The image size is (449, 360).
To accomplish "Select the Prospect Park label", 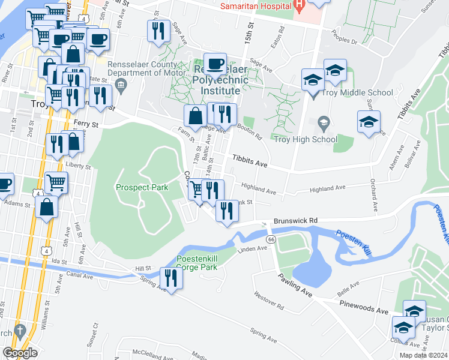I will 142,187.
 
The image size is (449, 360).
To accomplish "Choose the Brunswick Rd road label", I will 295,221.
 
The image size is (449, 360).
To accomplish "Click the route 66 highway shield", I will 271,239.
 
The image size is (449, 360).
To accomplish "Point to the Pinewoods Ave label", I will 365,311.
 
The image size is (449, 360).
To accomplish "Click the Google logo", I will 20,353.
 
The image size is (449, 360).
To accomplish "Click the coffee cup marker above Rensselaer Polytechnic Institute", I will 215,64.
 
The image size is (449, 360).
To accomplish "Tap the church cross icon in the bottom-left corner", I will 19,331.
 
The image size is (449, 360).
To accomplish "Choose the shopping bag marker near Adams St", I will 47,207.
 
